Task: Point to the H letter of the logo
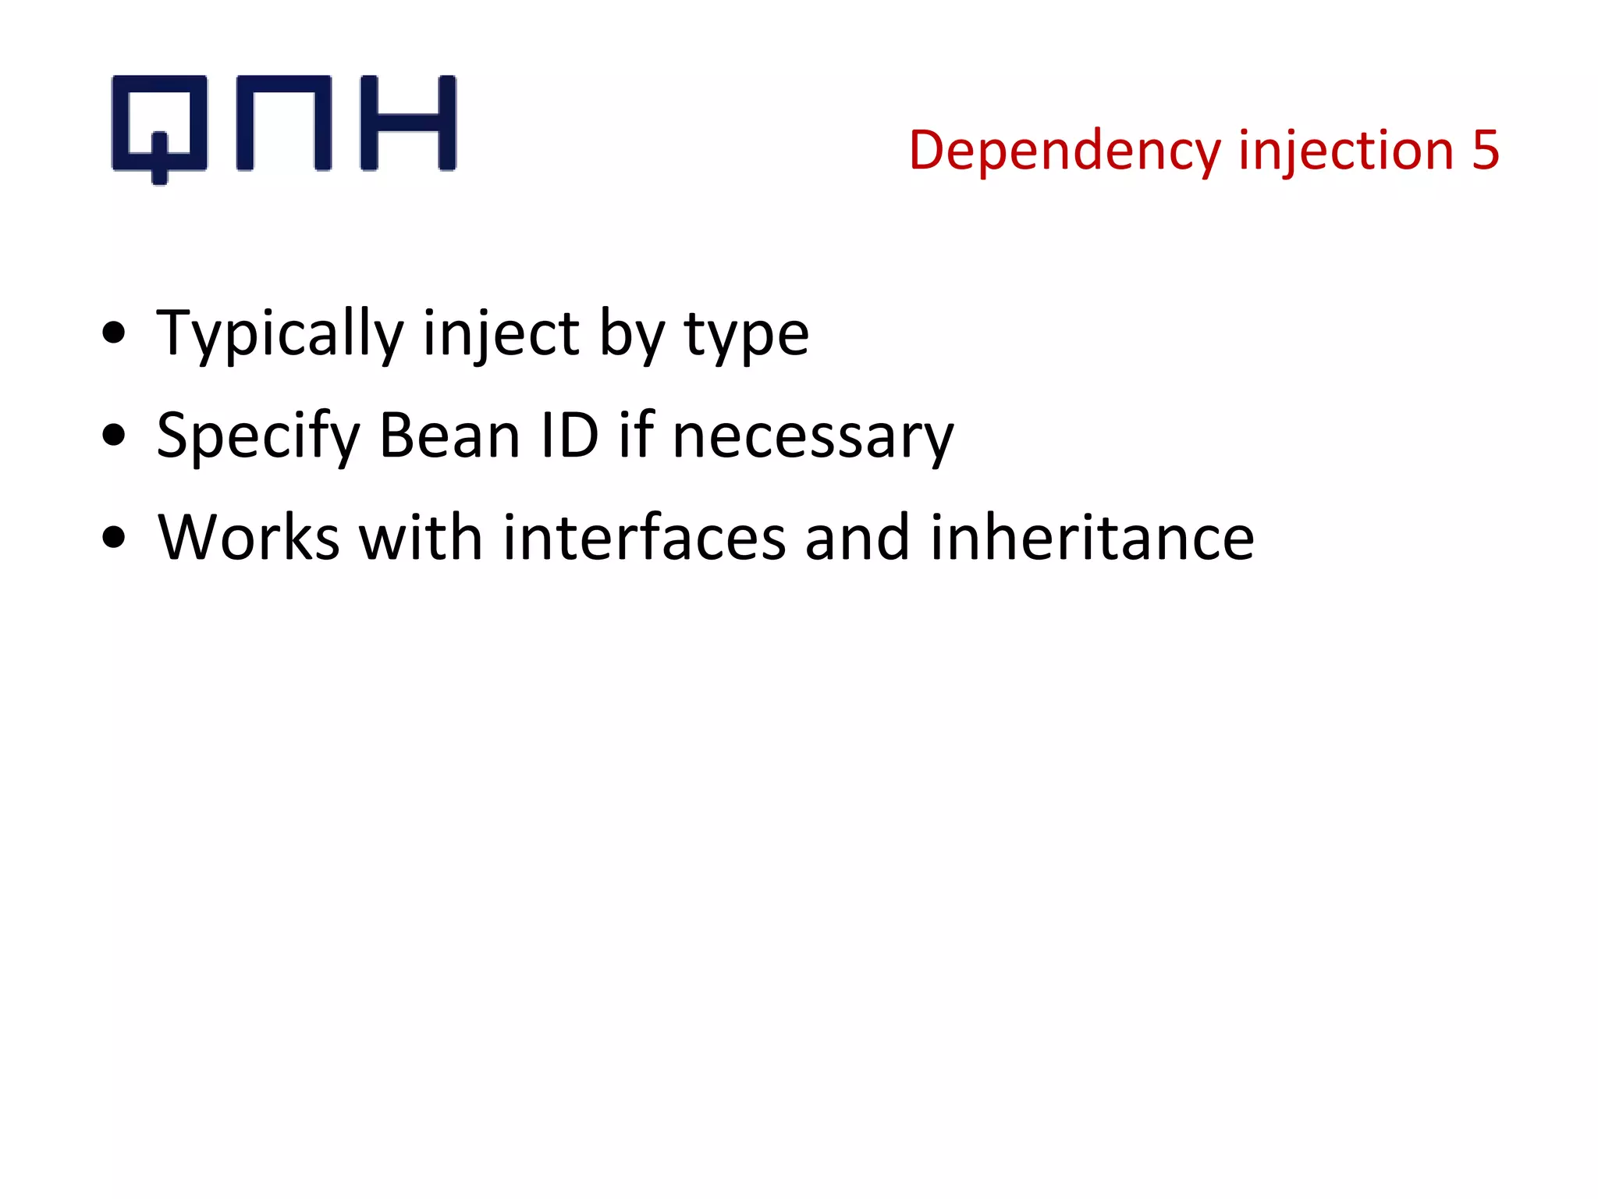[408, 123]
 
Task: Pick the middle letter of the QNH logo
[284, 123]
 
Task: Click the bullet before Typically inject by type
[114, 333]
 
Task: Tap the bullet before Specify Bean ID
[114, 436]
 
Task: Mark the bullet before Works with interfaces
[114, 538]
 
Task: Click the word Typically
[280, 335]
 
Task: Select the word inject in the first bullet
[501, 335]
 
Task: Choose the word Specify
[258, 437]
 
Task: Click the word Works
[248, 538]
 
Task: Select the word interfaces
[644, 538]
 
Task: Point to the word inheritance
[1092, 538]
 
